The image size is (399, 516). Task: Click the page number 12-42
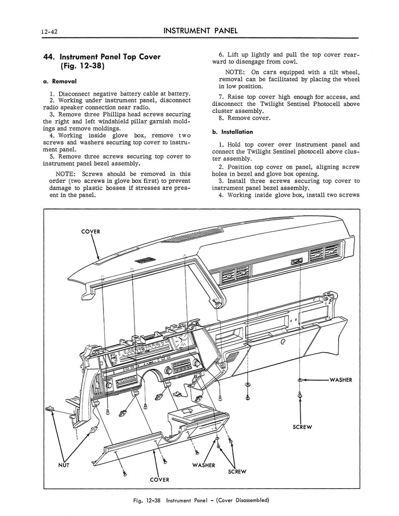(50, 32)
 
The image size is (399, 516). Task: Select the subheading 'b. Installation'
(233, 132)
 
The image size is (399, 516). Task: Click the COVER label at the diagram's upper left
(91, 231)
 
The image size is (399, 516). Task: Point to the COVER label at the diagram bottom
(159, 480)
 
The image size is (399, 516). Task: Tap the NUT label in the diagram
(64, 465)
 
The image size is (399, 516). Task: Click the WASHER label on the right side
(341, 380)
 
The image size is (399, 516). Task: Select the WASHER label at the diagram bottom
(204, 465)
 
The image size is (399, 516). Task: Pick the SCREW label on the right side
(302, 427)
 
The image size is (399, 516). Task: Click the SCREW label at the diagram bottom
(237, 472)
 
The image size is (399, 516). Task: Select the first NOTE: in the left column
(66, 174)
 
